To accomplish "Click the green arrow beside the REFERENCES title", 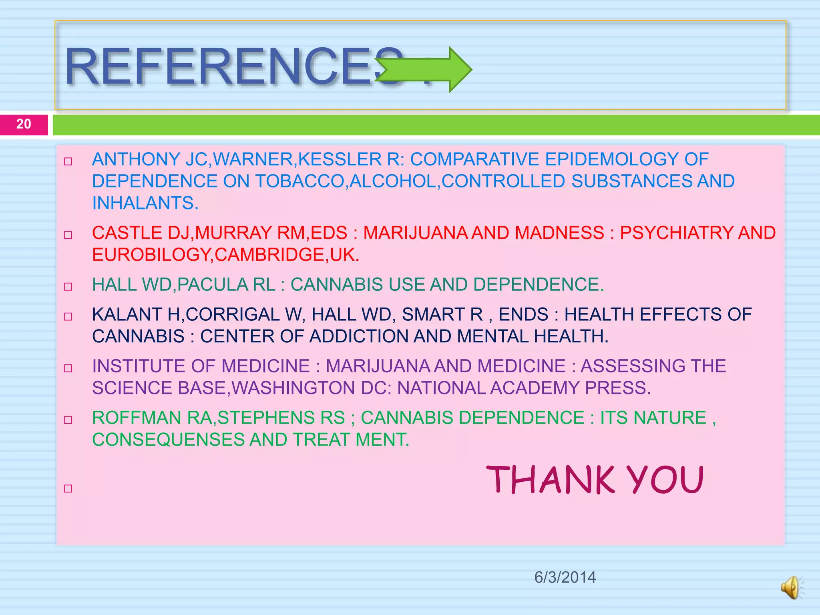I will [424, 70].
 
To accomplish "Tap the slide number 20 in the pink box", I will [24, 124].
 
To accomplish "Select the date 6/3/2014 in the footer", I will [565, 577].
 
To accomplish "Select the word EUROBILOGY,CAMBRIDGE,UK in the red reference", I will [225, 255].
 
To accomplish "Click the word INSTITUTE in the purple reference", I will [139, 366].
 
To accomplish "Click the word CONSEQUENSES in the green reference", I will [168, 440].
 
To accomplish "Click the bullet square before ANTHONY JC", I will [68, 162].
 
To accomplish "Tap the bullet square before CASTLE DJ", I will [68, 235].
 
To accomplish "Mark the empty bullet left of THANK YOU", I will [68, 488].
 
